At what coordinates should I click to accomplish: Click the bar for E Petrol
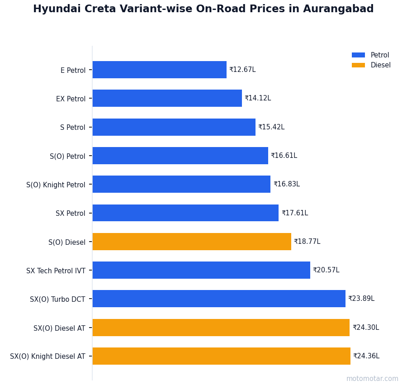pos(159,70)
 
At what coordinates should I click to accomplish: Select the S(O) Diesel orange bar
pos(192,242)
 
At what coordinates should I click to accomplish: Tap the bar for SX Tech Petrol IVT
pos(201,270)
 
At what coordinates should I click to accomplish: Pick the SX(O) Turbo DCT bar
pos(219,299)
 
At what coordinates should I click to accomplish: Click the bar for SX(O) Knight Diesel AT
pos(221,356)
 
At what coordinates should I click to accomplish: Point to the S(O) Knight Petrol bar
pos(181,184)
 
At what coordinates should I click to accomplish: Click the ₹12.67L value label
pos(242,70)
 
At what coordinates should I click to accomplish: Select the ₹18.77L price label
pos(307,242)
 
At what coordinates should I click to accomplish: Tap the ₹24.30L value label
pos(366,328)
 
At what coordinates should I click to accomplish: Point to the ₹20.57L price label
pos(326,270)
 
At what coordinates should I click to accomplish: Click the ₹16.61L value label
pos(284,156)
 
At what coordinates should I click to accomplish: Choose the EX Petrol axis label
pos(71,99)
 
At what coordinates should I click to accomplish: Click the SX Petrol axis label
pos(70,213)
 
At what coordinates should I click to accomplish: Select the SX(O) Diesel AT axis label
pos(59,328)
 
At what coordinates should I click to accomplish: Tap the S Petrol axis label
pos(72,127)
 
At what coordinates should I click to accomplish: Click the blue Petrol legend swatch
pos(358,55)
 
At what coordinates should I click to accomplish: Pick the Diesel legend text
pos(380,65)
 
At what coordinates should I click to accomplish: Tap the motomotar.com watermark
pos(372,379)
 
